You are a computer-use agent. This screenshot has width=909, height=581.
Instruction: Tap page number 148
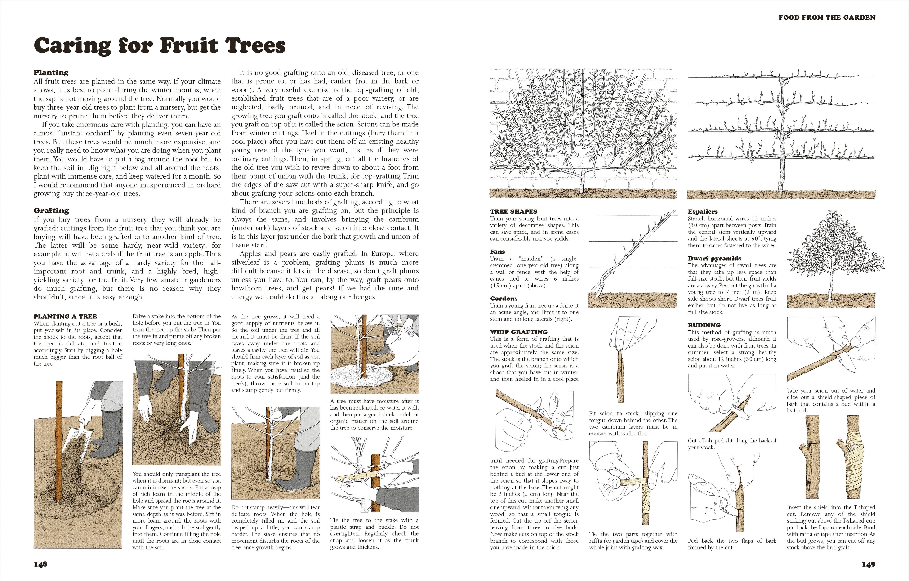pos(40,564)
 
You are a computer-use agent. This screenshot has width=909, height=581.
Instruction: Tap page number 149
pos(868,564)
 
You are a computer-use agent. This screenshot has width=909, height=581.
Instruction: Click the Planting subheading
pos(51,72)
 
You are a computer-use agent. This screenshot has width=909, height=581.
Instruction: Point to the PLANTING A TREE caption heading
pos(65,316)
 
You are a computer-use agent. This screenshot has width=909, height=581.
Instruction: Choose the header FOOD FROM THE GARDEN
pos(827,17)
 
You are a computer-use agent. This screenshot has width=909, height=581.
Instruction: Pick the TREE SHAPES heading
pos(513,211)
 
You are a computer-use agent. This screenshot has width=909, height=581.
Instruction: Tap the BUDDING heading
pos(704,325)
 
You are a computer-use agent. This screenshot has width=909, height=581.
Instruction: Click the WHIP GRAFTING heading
pos(519,332)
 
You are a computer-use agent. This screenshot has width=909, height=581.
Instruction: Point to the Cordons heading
pos(504,298)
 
